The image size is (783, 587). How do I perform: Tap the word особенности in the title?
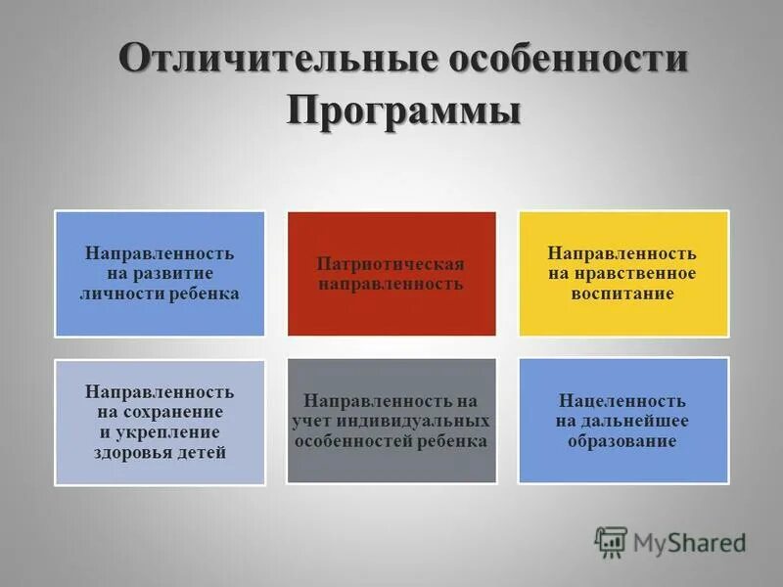pyautogui.click(x=568, y=58)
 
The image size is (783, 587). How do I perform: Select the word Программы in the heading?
pyautogui.click(x=403, y=109)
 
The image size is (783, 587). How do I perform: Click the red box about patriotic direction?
pyautogui.click(x=391, y=274)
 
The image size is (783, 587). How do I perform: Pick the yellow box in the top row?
pyautogui.click(x=622, y=274)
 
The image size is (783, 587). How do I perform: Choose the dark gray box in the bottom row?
pyautogui.click(x=391, y=421)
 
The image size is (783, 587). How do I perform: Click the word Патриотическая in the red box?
pyautogui.click(x=391, y=264)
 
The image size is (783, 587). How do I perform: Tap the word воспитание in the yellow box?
pyautogui.click(x=623, y=293)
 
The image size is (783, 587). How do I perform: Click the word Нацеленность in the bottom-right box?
pyautogui.click(x=622, y=401)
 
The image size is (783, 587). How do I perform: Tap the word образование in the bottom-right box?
pyautogui.click(x=622, y=440)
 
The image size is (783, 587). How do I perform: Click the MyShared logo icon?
pyautogui.click(x=611, y=541)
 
